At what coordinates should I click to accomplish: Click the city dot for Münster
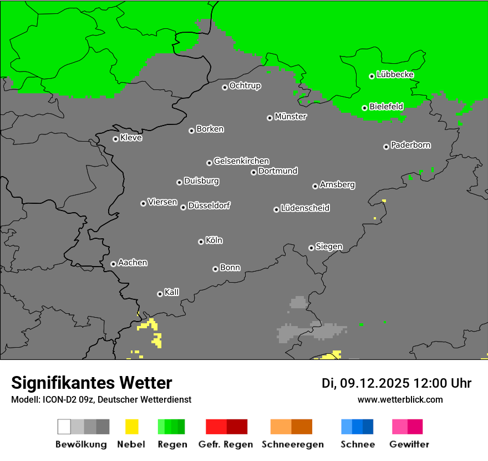[x=270, y=118]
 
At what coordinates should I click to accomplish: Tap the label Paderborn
[x=411, y=145]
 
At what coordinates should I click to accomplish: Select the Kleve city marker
[x=115, y=139]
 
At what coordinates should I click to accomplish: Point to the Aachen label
[x=133, y=263]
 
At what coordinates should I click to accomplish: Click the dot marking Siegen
[x=311, y=248]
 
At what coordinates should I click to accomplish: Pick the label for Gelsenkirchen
[x=241, y=161]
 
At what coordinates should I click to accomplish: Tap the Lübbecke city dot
[x=372, y=76]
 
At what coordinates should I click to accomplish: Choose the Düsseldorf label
[x=209, y=206]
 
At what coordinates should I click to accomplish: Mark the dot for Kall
[x=160, y=294]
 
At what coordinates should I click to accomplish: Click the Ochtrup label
[x=245, y=86]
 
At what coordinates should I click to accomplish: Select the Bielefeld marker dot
[x=364, y=108]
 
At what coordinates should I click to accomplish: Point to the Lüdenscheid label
[x=305, y=208]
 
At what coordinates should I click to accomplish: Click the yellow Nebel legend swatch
[x=131, y=427]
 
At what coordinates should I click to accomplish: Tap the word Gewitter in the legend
[x=409, y=444]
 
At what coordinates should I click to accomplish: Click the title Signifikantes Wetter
[x=91, y=383]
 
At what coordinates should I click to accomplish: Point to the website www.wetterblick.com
[x=400, y=399]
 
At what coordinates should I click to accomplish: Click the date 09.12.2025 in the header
[x=374, y=383]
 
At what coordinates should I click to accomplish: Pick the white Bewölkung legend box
[x=64, y=427]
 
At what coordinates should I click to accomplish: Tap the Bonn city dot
[x=215, y=269]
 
